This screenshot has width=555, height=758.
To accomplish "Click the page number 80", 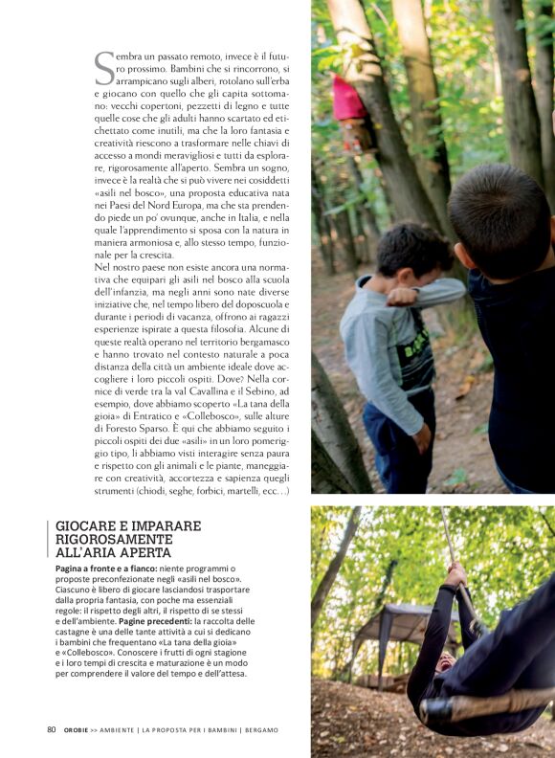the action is point(52,730).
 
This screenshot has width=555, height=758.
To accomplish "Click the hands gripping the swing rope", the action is point(457,575).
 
